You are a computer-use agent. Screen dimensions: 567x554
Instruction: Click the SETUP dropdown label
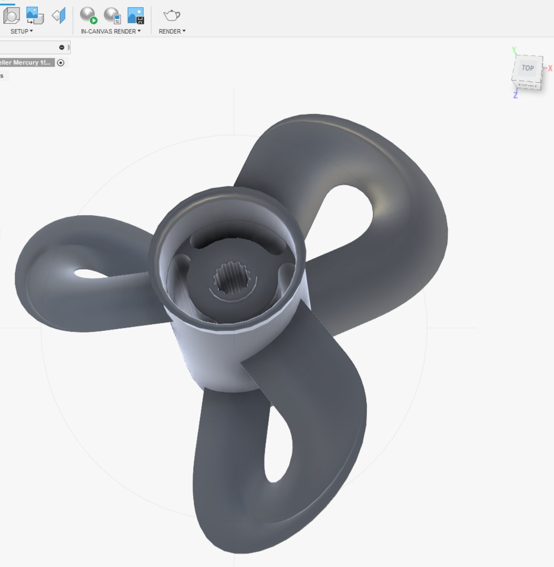pos(22,31)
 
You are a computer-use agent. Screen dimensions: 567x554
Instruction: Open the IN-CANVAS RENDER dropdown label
pos(110,31)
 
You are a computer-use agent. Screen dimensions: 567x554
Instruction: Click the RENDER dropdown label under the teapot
pos(172,31)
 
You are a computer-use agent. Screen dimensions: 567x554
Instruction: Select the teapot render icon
pos(172,15)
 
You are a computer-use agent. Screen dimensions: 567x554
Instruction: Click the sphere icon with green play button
pos(89,15)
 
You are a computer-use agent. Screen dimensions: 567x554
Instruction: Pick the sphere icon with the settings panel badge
pos(112,15)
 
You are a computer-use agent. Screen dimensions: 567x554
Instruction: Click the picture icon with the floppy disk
pos(135,15)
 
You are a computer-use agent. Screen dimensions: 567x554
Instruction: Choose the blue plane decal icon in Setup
pos(59,15)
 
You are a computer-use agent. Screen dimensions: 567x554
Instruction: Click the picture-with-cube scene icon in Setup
pos(35,15)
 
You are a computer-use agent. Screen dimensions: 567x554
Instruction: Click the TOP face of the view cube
pos(527,68)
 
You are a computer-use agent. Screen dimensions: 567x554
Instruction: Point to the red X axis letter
pos(550,69)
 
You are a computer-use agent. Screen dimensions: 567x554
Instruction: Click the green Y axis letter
pos(515,50)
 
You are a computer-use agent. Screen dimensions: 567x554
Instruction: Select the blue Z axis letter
pos(516,96)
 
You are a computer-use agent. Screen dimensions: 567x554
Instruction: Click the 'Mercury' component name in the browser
pos(26,62)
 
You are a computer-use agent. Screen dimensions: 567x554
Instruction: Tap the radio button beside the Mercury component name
pos(61,62)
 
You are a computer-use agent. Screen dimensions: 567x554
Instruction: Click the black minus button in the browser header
pos(61,48)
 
